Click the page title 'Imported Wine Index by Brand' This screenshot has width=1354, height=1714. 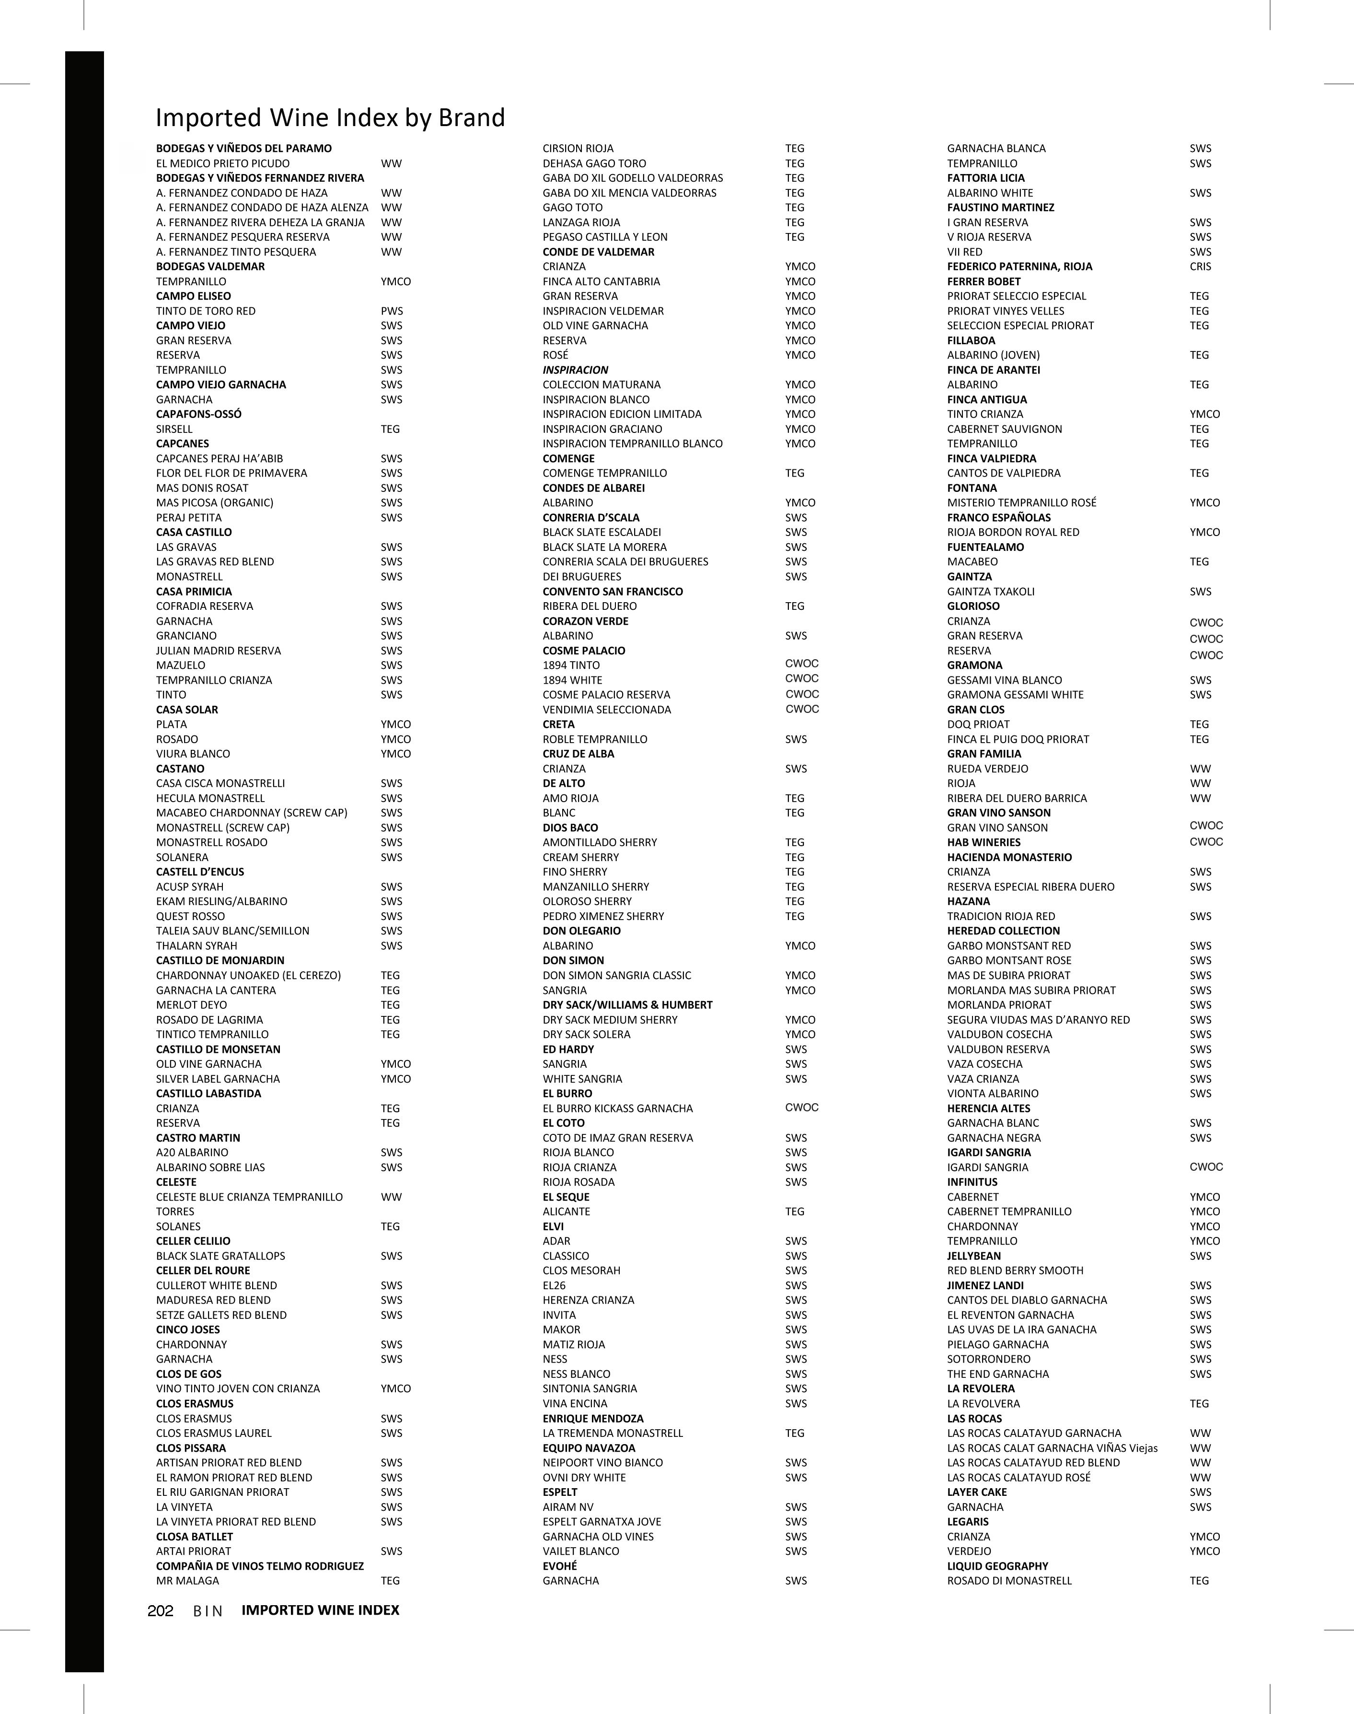[330, 117]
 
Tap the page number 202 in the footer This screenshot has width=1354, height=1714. [160, 1610]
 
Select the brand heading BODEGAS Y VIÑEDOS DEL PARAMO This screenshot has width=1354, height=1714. [243, 148]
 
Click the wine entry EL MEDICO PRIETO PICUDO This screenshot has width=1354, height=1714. [223, 163]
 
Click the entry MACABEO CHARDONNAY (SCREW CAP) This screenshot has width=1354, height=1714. [251, 813]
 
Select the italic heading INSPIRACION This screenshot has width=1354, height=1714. [575, 370]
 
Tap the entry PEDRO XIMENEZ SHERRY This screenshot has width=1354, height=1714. [603, 916]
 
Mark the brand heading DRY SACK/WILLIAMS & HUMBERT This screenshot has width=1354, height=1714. [627, 1004]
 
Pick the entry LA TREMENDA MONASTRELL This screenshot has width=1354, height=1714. [612, 1433]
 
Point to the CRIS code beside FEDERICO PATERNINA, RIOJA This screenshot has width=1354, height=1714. [1200, 267]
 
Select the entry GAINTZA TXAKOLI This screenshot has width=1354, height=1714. [990, 592]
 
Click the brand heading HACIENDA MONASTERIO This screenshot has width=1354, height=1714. [1009, 857]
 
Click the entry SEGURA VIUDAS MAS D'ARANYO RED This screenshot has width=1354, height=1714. [1038, 1019]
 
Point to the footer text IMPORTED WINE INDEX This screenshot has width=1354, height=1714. [320, 1610]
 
